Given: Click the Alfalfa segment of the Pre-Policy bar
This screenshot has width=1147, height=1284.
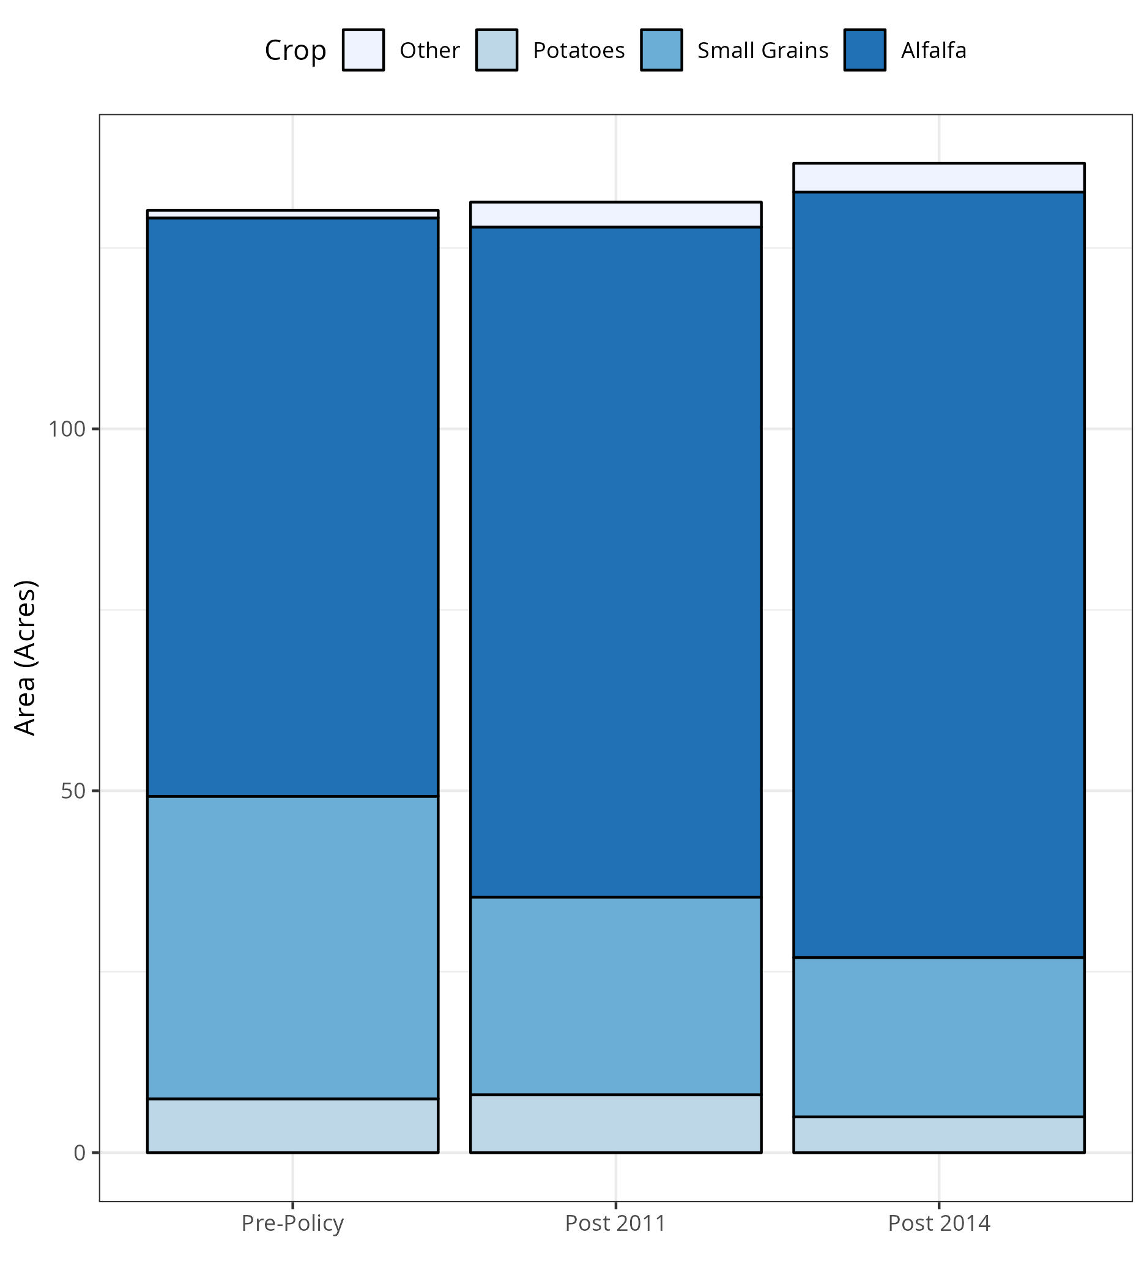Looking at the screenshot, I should coord(292,507).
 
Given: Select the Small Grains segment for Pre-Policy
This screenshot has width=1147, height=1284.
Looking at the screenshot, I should coord(292,948).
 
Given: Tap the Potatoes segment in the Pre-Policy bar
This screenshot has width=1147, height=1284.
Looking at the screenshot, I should coord(292,1126).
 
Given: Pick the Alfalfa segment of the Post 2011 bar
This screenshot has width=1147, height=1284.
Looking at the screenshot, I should coord(616,562).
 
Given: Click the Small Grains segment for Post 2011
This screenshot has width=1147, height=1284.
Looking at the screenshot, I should coord(616,996).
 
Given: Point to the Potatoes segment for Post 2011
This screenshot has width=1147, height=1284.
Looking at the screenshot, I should coord(616,1124).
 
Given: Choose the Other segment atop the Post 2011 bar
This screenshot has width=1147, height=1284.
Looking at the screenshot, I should coord(616,214).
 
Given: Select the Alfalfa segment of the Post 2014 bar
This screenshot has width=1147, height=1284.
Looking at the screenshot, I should coord(938,575).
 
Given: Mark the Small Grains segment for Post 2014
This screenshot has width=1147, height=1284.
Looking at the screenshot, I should coord(938,1038).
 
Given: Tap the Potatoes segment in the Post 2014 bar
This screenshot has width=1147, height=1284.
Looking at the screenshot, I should coord(938,1135).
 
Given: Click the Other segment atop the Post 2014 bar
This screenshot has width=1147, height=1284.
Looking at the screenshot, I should coord(938,178).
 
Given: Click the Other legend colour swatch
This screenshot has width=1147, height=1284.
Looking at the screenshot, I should coord(363,50).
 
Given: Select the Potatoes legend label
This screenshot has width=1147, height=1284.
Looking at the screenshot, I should coord(579,50).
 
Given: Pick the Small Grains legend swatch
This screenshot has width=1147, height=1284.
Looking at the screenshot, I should coord(661,50).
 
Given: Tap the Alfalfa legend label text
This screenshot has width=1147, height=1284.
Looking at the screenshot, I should coord(934,50).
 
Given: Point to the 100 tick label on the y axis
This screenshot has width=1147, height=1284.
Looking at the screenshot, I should coord(67,429).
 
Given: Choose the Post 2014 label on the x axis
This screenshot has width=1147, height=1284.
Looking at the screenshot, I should coord(939,1223).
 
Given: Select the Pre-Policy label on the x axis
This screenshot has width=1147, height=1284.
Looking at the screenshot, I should coord(292,1223).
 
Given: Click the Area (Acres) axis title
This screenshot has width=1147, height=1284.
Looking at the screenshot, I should coord(26,658).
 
